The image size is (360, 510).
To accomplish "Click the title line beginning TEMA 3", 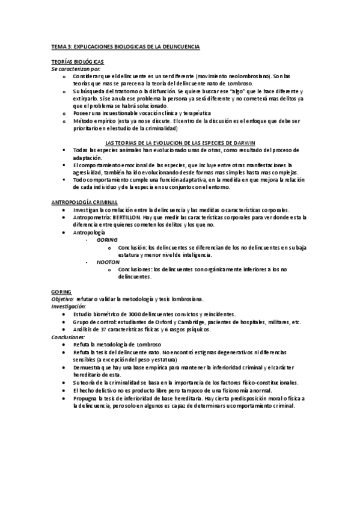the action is coord(125,46).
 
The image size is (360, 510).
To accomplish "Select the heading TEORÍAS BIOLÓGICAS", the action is coord(78,62).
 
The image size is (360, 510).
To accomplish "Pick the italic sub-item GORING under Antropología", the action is coord(107,239).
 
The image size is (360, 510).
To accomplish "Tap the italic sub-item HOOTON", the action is coord(108,262).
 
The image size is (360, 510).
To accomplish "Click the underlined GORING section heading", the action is coord(61,292).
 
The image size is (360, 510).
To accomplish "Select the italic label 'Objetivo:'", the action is coord(63,299).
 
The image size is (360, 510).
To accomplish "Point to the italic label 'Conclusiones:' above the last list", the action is coord(68,337).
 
